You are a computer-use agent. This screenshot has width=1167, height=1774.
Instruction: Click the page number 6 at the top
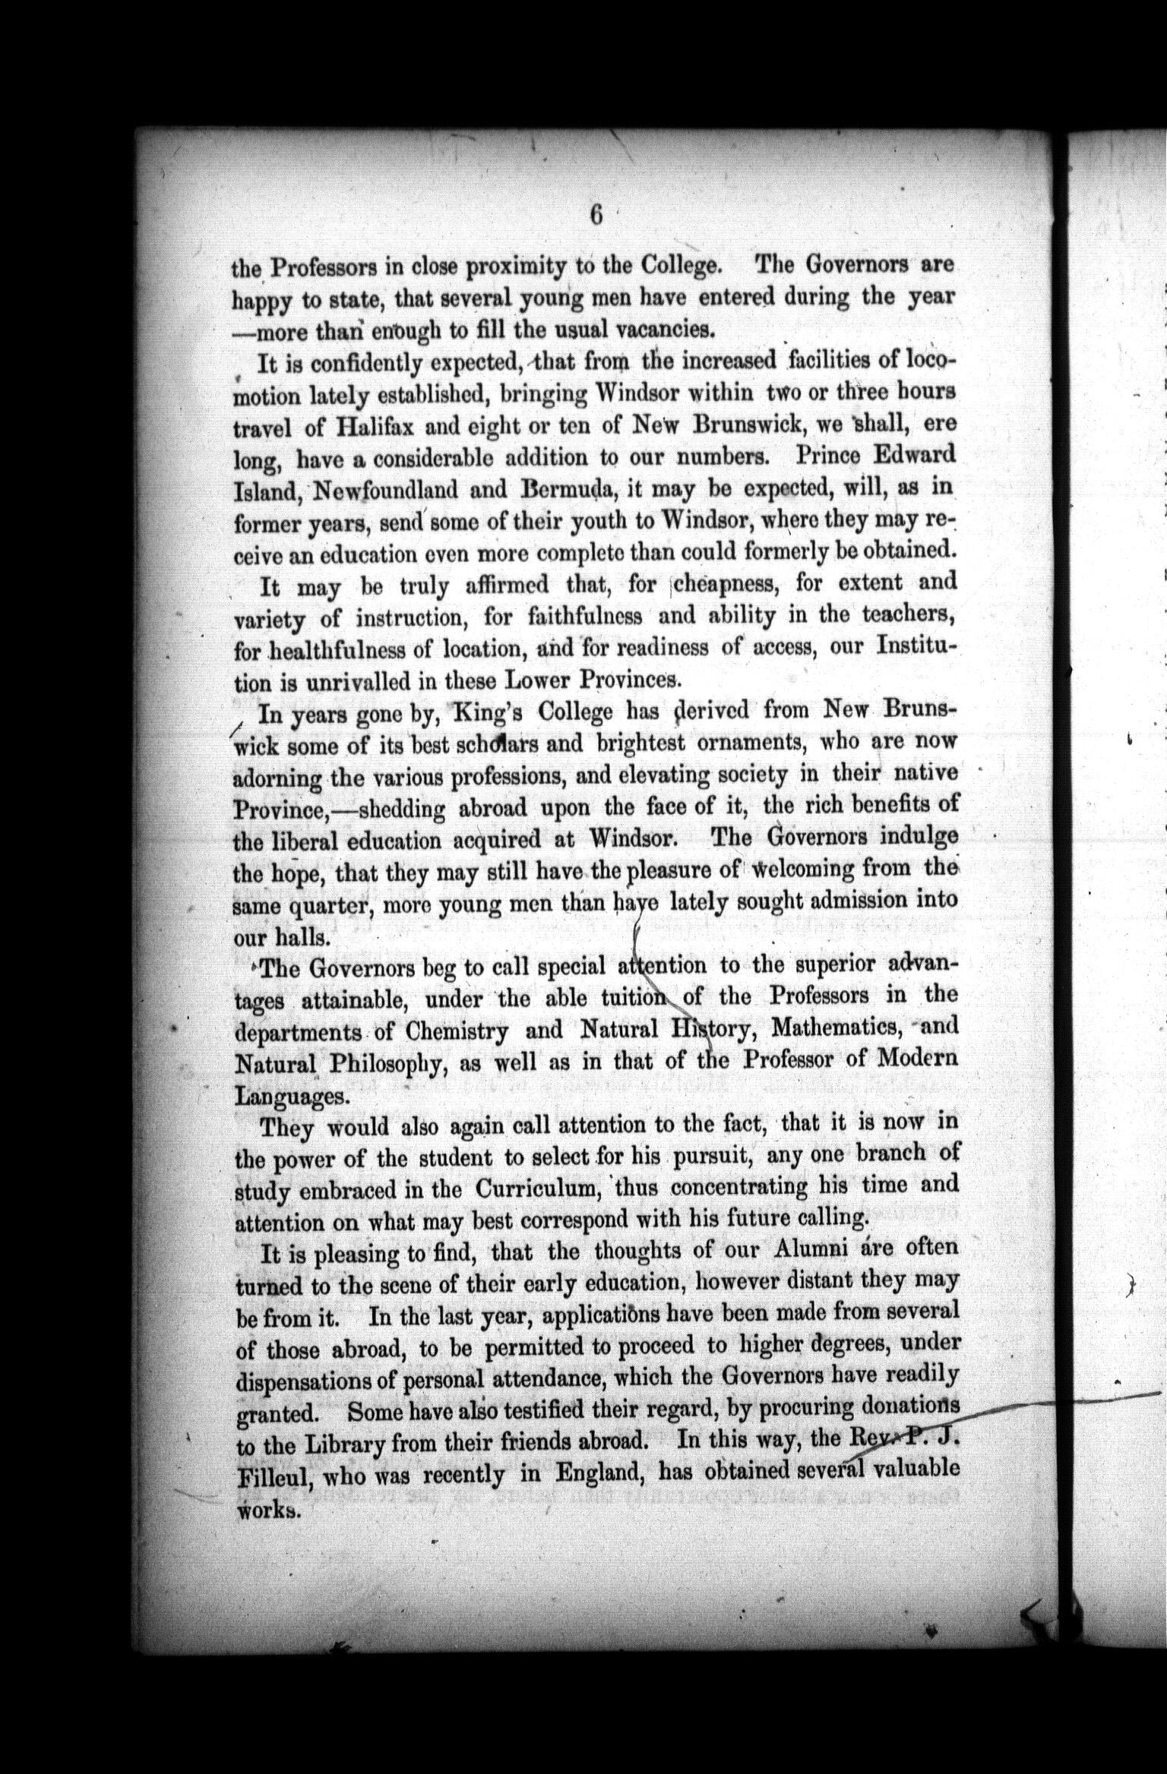tap(596, 216)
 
